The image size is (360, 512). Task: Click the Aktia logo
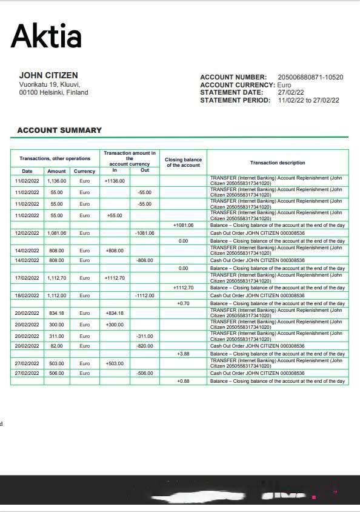[46, 36]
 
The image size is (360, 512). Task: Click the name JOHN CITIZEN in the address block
[48, 76]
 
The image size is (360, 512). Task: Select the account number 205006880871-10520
[310, 78]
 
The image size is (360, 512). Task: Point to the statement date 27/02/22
[291, 93]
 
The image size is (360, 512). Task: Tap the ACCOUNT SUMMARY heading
[59, 130]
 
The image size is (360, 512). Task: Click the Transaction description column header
[278, 163]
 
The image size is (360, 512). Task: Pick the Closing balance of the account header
[183, 163]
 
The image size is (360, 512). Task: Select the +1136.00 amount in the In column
[115, 181]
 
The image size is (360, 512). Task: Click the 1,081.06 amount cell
[57, 233]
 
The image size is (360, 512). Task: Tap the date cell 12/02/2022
[27, 233]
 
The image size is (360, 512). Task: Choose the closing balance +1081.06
[183, 225]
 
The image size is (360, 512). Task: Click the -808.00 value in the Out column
[144, 260]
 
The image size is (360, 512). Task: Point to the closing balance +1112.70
[183, 288]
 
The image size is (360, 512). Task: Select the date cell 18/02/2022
[27, 295]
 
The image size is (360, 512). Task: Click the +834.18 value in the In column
[115, 313]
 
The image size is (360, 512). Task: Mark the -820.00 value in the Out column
[144, 346]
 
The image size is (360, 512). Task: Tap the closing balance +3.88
[183, 354]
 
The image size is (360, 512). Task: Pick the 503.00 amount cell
[57, 363]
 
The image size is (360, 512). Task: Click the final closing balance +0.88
[183, 381]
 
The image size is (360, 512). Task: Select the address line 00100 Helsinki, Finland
[53, 93]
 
